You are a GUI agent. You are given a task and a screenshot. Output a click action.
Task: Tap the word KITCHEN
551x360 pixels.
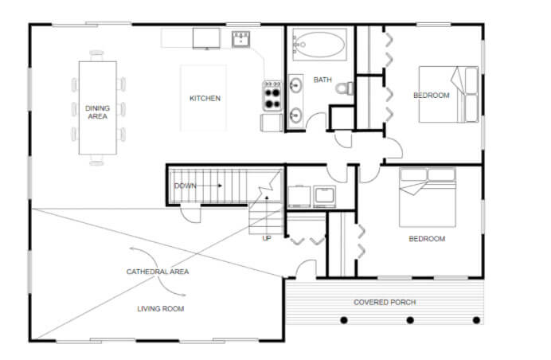[x=205, y=99]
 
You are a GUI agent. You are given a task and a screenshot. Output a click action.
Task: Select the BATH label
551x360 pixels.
[x=322, y=80]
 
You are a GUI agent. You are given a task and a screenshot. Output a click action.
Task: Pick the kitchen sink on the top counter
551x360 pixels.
[x=242, y=38]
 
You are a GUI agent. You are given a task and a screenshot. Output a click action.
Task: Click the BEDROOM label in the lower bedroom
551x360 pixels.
[x=427, y=238]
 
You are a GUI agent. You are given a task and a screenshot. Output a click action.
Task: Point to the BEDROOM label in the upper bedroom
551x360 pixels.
[x=431, y=96]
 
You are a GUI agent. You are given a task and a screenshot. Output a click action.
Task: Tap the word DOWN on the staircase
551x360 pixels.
[x=184, y=186]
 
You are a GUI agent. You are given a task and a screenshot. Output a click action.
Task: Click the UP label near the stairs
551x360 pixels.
[x=267, y=237]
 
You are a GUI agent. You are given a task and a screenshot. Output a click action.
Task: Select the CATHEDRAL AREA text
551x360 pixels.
[x=158, y=272]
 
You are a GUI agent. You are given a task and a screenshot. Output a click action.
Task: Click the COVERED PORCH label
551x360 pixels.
[x=385, y=302]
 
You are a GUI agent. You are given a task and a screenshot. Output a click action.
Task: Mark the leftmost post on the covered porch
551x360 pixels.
[x=344, y=320]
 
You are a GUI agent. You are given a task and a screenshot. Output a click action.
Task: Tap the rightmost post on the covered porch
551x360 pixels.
[x=476, y=320]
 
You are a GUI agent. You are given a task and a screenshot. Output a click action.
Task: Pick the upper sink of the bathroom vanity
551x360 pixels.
[x=295, y=84]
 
